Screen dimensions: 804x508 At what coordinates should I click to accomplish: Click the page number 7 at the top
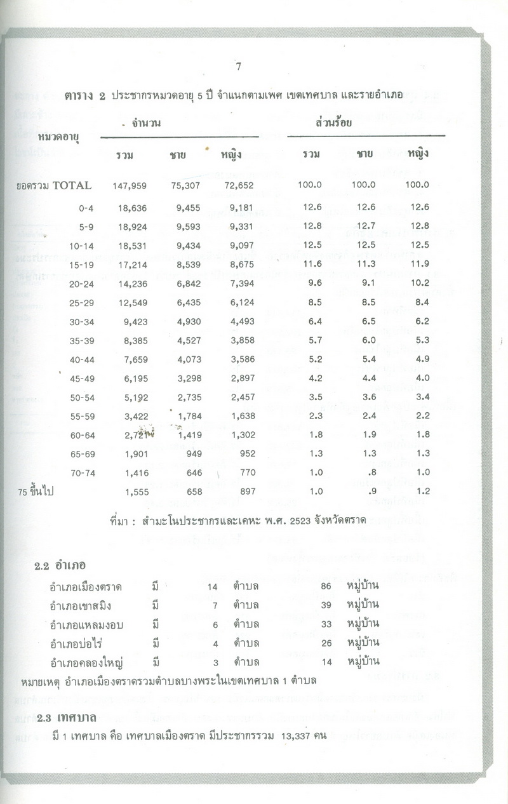click(237, 66)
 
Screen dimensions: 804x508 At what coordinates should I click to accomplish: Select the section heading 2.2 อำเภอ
click(60, 565)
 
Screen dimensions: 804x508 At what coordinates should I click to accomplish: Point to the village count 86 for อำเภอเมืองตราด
click(327, 585)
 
